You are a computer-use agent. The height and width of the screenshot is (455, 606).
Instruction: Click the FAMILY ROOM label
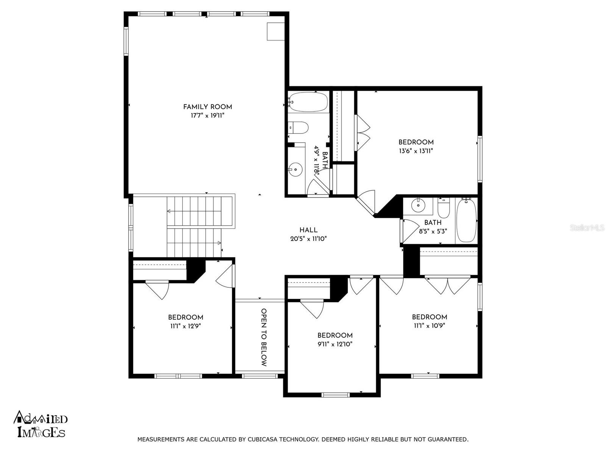(x=207, y=107)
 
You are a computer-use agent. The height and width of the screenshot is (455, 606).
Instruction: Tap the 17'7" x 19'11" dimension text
(x=207, y=116)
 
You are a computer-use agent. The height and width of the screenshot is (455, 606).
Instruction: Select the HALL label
(x=308, y=230)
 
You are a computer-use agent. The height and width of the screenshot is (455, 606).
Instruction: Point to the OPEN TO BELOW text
(x=264, y=337)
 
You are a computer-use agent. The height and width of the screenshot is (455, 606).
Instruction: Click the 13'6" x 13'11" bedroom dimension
(x=416, y=151)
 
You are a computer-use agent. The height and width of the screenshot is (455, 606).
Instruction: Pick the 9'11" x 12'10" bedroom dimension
(x=335, y=344)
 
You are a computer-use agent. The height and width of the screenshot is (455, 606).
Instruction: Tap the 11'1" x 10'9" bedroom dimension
(x=429, y=326)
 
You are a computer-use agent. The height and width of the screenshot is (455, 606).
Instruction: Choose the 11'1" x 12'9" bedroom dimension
(x=185, y=326)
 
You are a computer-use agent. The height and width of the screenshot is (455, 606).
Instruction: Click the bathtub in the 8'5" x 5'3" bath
(x=466, y=220)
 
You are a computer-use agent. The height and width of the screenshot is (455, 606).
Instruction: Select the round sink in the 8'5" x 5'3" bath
(x=418, y=205)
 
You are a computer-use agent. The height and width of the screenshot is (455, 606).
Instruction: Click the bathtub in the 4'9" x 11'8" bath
(x=308, y=102)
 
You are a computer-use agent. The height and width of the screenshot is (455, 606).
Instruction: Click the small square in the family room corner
(x=275, y=31)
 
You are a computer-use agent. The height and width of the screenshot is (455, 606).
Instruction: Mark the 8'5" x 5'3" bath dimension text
(x=433, y=231)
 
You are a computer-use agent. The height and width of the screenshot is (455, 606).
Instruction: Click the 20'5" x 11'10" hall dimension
(x=308, y=239)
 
